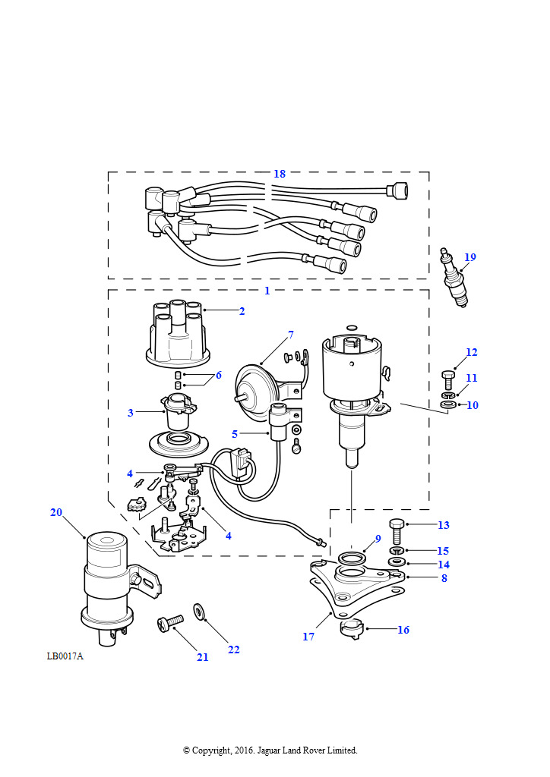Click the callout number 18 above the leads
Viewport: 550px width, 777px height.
[x=280, y=174]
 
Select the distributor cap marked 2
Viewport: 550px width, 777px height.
[x=172, y=337]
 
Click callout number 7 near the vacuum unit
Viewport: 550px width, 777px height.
[x=290, y=335]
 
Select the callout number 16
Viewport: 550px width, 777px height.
[x=403, y=630]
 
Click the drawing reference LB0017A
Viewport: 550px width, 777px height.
[x=65, y=656]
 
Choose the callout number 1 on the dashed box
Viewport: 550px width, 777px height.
[x=267, y=291]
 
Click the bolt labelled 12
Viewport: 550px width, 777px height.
[x=447, y=376]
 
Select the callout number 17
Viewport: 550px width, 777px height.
[x=308, y=637]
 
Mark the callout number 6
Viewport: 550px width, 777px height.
[x=218, y=375]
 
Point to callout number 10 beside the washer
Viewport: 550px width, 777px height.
[x=473, y=405]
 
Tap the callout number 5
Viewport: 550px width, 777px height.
[x=235, y=434]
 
